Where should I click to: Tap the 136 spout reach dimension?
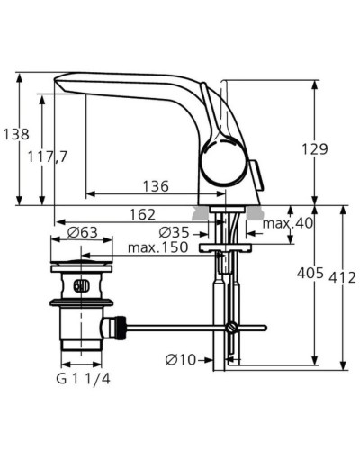(x=156, y=186)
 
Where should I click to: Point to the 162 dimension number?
(x=139, y=215)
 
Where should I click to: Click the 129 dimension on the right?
(x=340, y=150)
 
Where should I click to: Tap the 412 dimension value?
(x=343, y=277)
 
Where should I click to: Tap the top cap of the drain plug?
(x=82, y=266)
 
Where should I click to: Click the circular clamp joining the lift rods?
(x=232, y=327)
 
